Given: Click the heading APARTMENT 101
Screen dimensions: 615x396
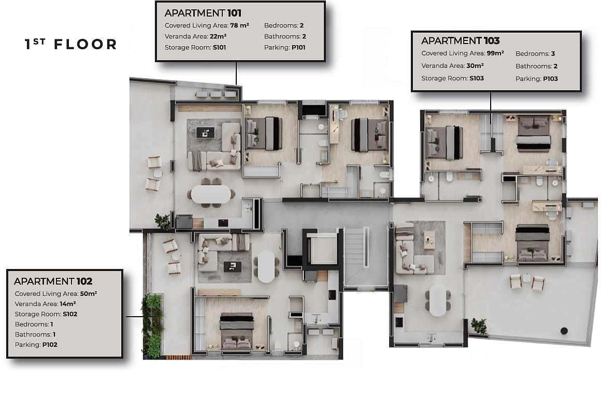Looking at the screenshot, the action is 203,13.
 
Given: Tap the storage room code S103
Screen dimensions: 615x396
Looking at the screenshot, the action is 477,78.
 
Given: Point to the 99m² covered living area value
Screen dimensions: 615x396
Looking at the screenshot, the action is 495,53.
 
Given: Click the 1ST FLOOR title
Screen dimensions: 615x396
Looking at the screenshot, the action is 71,45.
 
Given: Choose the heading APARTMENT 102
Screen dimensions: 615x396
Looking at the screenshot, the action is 53,281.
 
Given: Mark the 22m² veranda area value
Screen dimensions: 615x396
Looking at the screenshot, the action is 218,36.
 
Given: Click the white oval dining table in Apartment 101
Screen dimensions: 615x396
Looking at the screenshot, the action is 211,194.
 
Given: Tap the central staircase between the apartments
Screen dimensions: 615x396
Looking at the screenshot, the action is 356,257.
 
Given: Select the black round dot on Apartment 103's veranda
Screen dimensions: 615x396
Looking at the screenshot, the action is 564,331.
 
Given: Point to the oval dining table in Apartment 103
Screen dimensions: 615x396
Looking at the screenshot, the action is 438,300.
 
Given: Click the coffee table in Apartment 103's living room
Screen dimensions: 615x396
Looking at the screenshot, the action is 430,239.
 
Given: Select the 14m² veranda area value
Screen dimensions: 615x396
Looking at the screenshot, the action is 68,304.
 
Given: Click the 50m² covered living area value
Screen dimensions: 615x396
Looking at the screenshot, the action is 89,293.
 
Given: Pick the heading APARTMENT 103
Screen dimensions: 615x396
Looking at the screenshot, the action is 460,41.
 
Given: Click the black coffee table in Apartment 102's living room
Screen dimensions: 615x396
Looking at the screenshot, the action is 233,266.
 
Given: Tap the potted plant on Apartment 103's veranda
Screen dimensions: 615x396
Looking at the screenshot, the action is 479,326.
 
